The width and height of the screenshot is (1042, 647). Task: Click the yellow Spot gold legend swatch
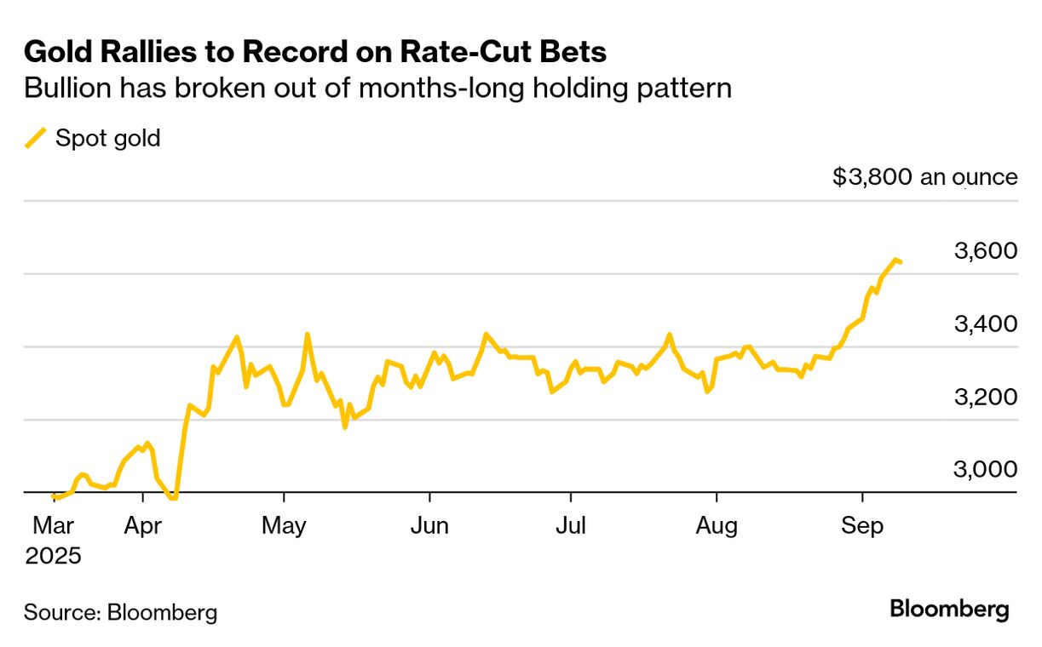coord(36,137)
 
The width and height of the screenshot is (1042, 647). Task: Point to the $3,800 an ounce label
coord(924,177)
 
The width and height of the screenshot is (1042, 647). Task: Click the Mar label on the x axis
coord(52,526)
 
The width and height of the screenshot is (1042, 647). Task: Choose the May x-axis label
coord(284,526)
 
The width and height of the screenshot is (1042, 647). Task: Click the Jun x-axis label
coord(429,526)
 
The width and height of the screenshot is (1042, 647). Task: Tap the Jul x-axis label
coord(570,526)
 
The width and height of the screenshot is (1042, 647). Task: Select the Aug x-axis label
coord(716,526)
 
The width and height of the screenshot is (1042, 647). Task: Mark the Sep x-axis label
coord(862,526)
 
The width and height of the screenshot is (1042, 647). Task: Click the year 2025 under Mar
coord(53,557)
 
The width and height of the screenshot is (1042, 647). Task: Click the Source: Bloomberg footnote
coord(120,611)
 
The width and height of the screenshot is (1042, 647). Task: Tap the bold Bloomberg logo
coord(949,610)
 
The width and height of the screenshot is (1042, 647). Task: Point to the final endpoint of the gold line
coord(901,261)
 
